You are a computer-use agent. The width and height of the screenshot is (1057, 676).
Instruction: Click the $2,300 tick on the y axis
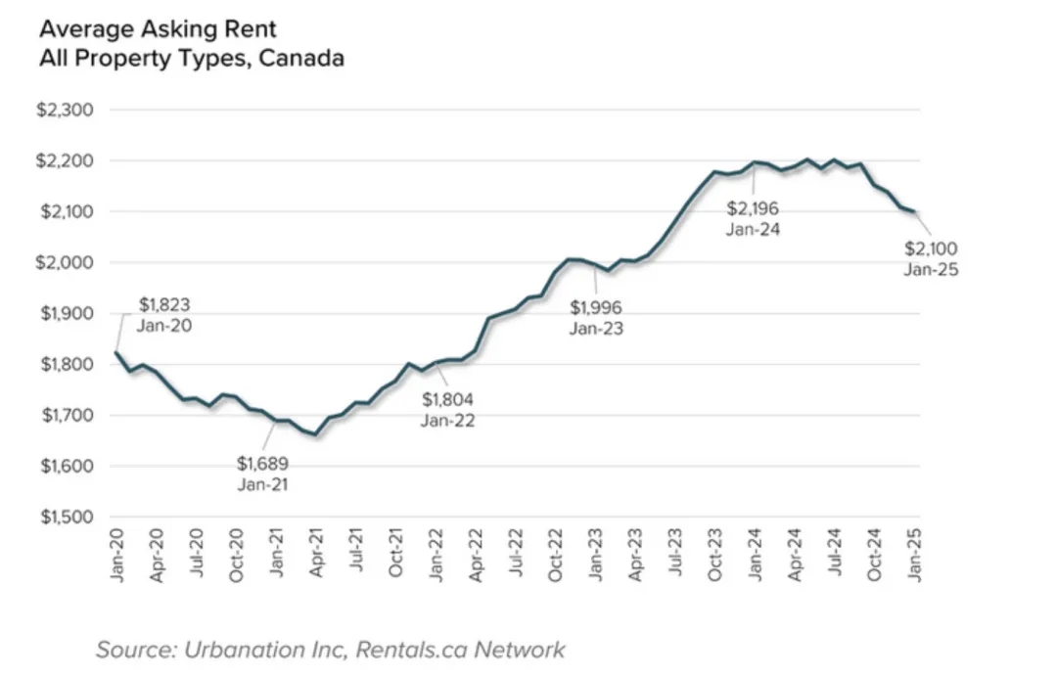coord(66,110)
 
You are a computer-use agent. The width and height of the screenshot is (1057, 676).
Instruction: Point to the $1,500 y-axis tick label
coord(66,517)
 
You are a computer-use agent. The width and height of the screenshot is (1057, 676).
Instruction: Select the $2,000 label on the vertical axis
coord(66,262)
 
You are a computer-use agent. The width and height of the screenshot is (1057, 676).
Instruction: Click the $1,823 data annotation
coord(164,304)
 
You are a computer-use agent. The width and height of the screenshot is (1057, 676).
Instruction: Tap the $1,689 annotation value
coord(262,463)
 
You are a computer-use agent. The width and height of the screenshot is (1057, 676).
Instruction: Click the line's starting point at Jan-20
coord(117,352)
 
